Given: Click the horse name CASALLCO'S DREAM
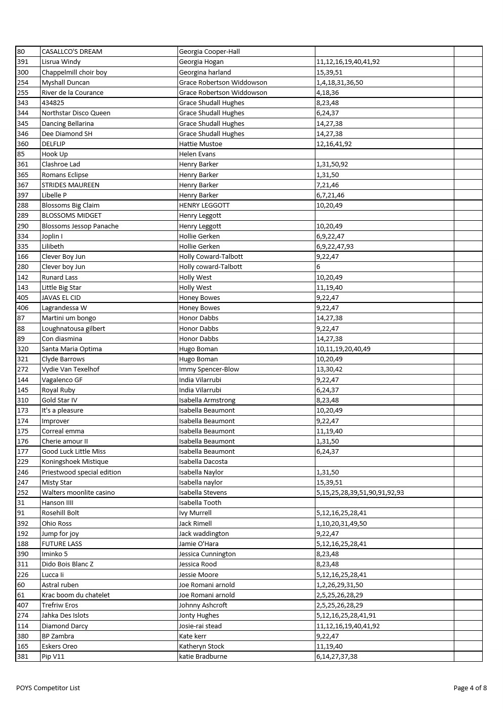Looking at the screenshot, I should [72, 51].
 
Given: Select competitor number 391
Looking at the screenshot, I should [23, 62].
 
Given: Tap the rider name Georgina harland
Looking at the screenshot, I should [205, 72].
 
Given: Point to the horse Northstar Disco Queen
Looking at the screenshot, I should [76, 113].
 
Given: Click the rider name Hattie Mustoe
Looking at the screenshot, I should [200, 144].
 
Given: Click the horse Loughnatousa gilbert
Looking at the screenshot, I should [74, 328].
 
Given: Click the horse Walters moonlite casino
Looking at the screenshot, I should [78, 492].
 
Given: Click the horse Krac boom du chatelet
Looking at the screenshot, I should [76, 595].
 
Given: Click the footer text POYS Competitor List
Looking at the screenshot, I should [48, 688].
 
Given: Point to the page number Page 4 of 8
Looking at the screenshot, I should [470, 688].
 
